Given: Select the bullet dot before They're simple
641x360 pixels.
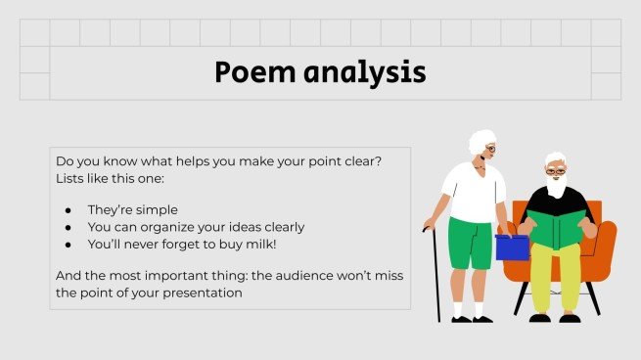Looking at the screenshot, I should pos(68,209).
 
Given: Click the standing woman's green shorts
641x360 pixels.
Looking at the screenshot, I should pos(471,243).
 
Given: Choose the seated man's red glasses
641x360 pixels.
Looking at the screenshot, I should pos(555,171).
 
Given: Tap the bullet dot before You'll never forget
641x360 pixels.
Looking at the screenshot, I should pos(68,245).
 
